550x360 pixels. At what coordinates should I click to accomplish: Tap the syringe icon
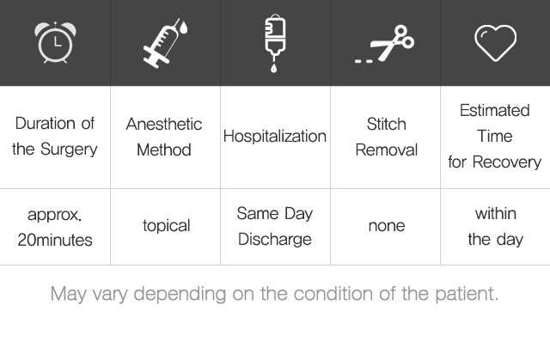(165, 43)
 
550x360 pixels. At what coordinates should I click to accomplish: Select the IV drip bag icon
(275, 43)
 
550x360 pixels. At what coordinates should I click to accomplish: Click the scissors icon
(384, 44)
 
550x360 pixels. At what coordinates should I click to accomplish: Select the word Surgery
(69, 149)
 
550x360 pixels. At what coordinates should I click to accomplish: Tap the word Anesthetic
(164, 124)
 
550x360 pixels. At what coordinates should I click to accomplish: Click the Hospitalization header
(275, 136)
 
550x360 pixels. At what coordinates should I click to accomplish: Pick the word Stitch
(386, 124)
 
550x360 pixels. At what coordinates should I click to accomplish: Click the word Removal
(386, 150)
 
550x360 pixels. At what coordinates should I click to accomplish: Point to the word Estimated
(495, 111)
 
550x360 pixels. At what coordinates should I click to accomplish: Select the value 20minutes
(55, 240)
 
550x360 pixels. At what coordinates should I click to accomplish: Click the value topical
(167, 226)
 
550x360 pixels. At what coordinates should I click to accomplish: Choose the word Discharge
(275, 240)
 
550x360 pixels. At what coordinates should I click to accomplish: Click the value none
(387, 226)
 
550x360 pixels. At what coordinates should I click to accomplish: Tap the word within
(496, 213)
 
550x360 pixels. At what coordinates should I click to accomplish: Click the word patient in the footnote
(467, 294)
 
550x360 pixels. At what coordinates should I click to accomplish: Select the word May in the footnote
(69, 294)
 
